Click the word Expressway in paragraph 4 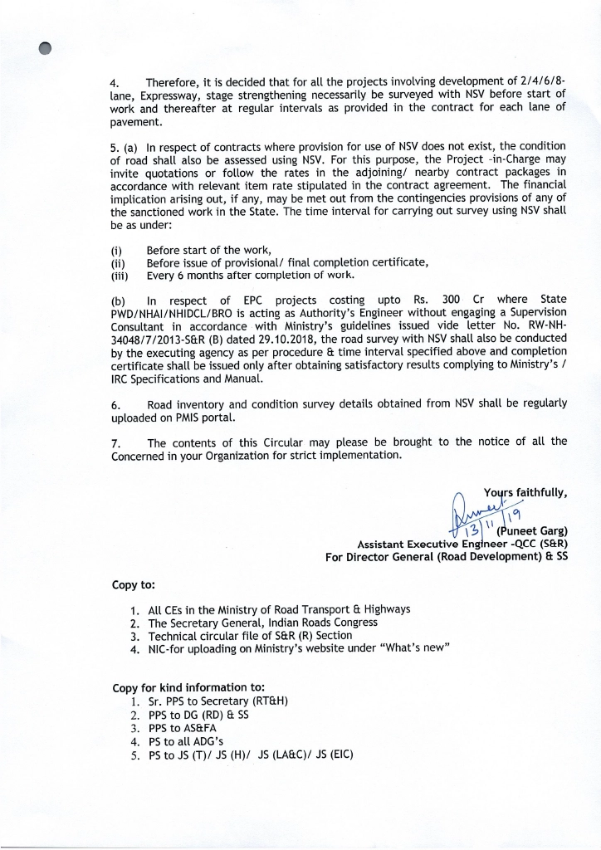tap(139, 95)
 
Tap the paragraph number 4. tap(115, 83)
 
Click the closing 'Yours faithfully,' tap(525, 492)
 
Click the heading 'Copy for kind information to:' tap(188, 687)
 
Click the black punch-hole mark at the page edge tap(44, 48)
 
